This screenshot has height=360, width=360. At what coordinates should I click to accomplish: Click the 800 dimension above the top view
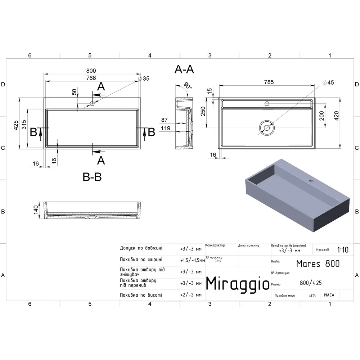point(91,71)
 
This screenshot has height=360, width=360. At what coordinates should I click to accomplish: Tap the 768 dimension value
point(91,78)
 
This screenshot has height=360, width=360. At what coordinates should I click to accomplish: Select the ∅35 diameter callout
point(144,78)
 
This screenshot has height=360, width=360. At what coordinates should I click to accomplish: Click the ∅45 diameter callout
point(328,82)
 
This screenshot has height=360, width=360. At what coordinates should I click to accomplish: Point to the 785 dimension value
point(269,82)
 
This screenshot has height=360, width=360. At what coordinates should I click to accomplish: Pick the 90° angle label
point(188,86)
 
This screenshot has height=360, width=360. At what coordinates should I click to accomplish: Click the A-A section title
point(184,69)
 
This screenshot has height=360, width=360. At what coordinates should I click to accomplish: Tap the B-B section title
point(92,177)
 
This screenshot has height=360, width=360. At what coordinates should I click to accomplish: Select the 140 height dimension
point(36,210)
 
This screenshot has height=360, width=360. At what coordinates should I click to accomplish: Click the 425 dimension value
point(16,125)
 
